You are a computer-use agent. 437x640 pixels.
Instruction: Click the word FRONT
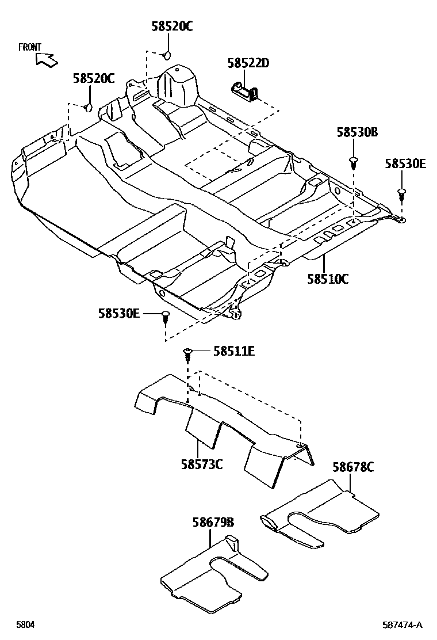click(30, 47)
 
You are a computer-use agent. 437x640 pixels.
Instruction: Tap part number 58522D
click(248, 63)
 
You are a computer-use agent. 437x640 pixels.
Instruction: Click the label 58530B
click(357, 133)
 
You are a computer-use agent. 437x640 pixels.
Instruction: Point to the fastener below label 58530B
click(354, 161)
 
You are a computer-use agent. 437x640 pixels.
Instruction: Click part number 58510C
click(328, 280)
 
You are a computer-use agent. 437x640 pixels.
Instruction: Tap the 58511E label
click(234, 351)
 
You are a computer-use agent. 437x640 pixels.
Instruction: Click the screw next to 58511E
click(188, 352)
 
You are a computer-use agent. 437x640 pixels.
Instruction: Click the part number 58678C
click(352, 467)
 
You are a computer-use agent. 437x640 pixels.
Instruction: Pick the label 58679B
click(213, 522)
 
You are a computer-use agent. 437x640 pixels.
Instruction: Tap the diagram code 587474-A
click(403, 624)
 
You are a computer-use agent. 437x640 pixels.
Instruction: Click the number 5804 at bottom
click(25, 624)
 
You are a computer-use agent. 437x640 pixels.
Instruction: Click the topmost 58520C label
click(172, 26)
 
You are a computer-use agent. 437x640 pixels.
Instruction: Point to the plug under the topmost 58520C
click(167, 55)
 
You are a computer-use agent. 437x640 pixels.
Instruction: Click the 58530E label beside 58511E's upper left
click(119, 313)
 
